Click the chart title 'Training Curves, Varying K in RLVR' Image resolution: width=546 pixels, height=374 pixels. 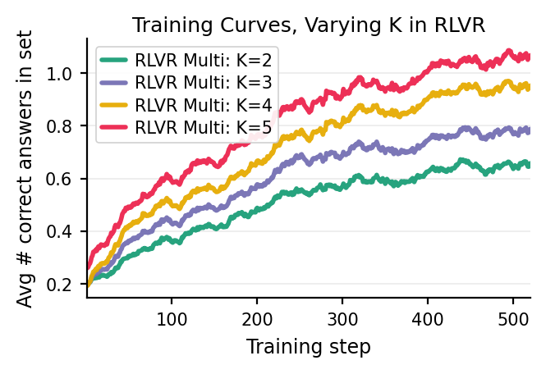click(x=309, y=25)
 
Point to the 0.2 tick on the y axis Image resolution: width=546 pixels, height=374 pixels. click(x=67, y=284)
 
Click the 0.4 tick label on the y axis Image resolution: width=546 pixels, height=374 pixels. click(x=67, y=231)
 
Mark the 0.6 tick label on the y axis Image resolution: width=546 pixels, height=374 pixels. click(x=67, y=179)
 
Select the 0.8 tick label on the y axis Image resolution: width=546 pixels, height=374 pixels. click(x=67, y=126)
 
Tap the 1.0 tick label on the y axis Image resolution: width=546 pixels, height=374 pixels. click(x=67, y=74)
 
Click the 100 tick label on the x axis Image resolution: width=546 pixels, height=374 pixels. click(x=172, y=316)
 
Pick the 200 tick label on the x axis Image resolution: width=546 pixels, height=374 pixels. click(x=257, y=316)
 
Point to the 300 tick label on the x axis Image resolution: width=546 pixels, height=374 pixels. click(x=342, y=316)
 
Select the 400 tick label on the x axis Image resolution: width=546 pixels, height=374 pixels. click(x=428, y=316)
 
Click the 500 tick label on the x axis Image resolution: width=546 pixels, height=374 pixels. click(x=513, y=316)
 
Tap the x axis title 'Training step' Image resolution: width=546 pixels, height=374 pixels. click(x=309, y=347)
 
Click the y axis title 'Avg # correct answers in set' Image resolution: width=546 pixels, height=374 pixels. click(x=25, y=168)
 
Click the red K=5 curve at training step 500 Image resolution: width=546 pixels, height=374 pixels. click(x=513, y=56)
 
